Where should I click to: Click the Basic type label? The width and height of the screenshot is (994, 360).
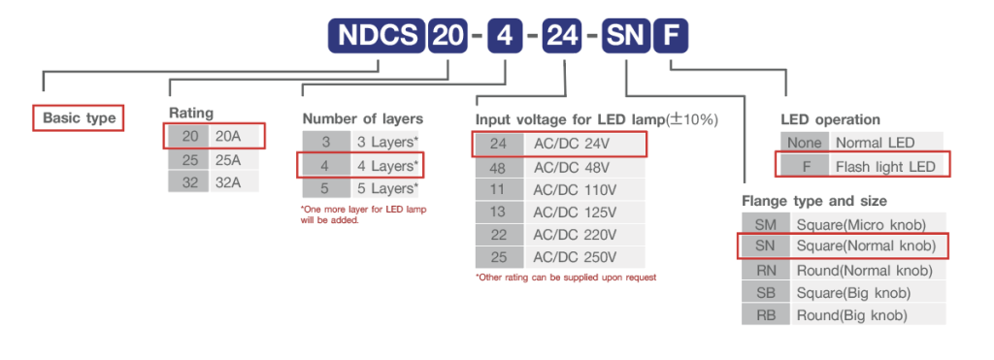80,118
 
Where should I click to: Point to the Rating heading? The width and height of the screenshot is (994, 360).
191,113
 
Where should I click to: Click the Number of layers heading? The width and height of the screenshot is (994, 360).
362,118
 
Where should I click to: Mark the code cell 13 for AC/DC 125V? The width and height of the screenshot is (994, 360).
498,212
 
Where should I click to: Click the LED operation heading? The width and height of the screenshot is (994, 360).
830,119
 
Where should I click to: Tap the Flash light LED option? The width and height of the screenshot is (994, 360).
884,166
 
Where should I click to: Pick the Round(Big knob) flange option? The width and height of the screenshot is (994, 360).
851,315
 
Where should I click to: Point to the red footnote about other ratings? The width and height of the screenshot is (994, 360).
566,278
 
